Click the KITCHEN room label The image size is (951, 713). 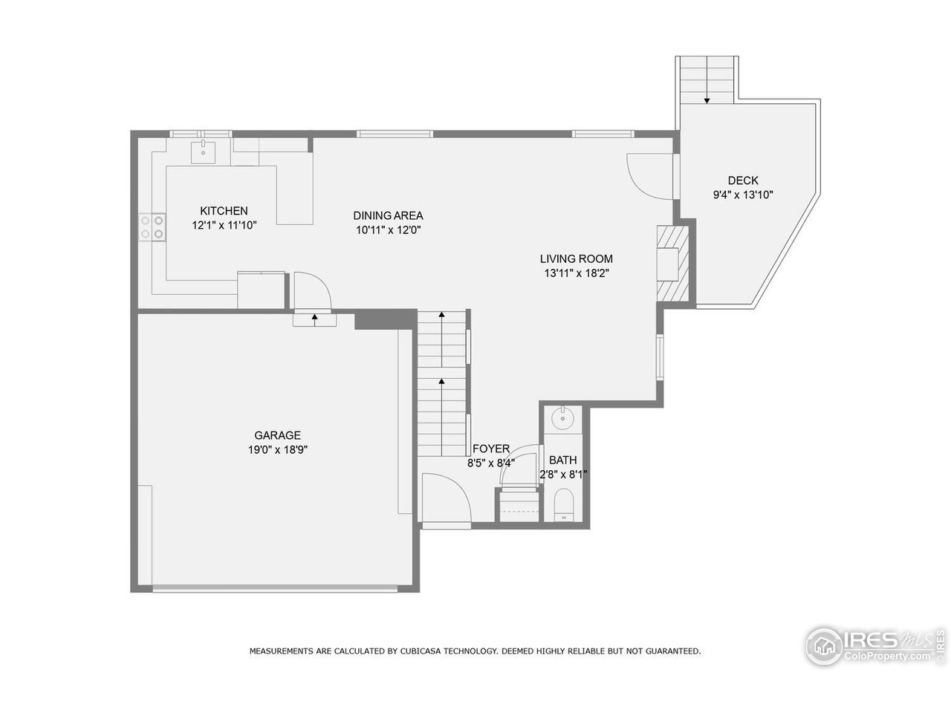[224, 211]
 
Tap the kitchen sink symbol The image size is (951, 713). [202, 151]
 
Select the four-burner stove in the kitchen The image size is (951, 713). [152, 227]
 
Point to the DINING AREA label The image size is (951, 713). [388, 215]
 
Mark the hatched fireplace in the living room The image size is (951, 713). [673, 262]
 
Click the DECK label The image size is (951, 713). [742, 180]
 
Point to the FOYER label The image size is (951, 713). [491, 449]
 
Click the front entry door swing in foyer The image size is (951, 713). [444, 499]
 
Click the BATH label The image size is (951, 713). [562, 460]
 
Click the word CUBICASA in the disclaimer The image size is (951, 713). [421, 651]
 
